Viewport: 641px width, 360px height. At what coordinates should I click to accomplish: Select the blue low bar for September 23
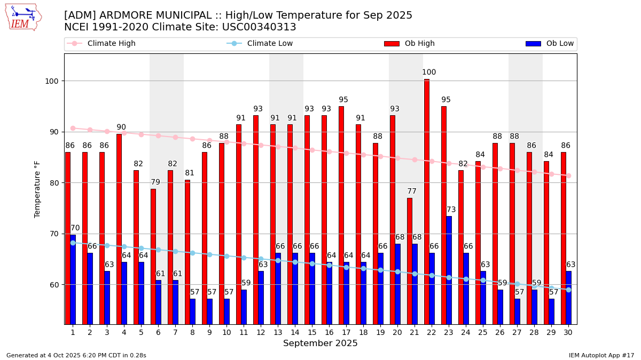pyautogui.click(x=449, y=270)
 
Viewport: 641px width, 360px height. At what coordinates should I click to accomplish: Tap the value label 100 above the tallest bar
pyautogui.click(x=429, y=73)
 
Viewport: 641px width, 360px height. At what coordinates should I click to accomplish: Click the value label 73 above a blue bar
pyautogui.click(x=451, y=210)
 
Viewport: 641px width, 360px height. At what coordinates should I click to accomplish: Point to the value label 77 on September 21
pyautogui.click(x=412, y=191)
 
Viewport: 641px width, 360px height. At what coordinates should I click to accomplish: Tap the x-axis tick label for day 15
pyautogui.click(x=312, y=332)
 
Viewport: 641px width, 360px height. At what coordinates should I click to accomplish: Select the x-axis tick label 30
pyautogui.click(x=568, y=332)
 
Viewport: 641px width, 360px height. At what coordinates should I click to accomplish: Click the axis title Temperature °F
pyautogui.click(x=37, y=189)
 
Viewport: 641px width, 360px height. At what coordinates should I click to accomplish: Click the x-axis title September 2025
pyautogui.click(x=320, y=343)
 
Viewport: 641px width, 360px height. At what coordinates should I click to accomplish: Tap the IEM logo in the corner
pyautogui.click(x=23, y=17)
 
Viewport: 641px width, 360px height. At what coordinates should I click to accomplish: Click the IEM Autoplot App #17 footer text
pyautogui.click(x=601, y=355)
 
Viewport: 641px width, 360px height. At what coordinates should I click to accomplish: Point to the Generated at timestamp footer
pyautogui.click(x=76, y=355)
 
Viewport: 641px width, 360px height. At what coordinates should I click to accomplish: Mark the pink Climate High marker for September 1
pyautogui.click(x=73, y=128)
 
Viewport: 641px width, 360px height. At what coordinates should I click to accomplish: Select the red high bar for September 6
pyautogui.click(x=153, y=256)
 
